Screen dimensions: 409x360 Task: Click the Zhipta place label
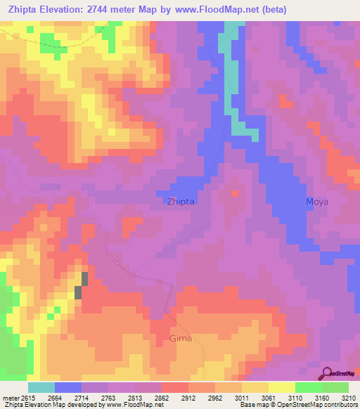click(x=181, y=201)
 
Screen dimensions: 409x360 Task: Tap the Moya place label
click(x=317, y=201)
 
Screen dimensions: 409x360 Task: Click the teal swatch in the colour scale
click(x=41, y=387)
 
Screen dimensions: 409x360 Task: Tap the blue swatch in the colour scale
click(x=67, y=387)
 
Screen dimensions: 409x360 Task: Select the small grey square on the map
click(x=85, y=278)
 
